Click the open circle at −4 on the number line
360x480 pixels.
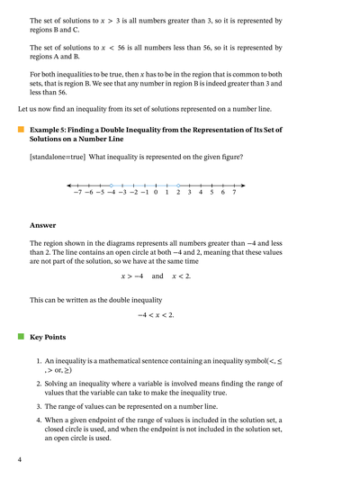click(112, 185)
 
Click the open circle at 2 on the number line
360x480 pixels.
click(178, 185)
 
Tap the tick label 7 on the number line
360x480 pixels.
click(234, 193)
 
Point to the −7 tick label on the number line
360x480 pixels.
click(78, 193)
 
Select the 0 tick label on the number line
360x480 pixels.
click(156, 193)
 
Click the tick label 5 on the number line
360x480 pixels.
click(211, 193)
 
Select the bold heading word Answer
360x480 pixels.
click(42, 225)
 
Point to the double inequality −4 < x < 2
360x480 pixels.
click(156, 315)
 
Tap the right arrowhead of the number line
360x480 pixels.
click(246, 185)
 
